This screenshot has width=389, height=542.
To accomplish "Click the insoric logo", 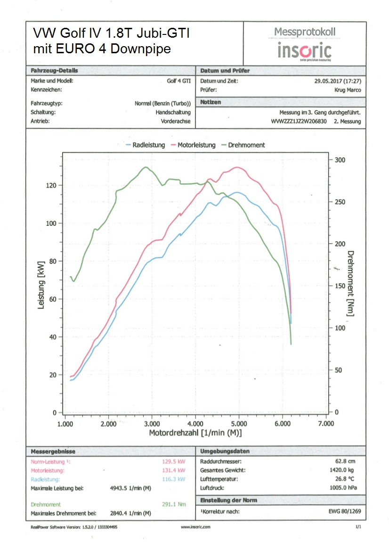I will click(x=304, y=50).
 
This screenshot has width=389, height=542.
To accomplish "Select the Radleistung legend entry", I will click(x=146, y=145).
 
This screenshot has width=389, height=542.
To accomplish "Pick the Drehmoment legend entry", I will click(x=246, y=145).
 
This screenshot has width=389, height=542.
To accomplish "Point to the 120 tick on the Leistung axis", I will click(x=50, y=185).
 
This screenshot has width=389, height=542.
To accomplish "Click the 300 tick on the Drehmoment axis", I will click(x=340, y=160).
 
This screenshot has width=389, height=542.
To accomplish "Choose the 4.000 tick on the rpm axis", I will click(x=195, y=424).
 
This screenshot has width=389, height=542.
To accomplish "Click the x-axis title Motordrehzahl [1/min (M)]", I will click(x=195, y=433).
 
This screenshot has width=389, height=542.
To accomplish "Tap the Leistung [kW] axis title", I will click(x=41, y=284).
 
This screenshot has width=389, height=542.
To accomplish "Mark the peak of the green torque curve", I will click(x=146, y=167).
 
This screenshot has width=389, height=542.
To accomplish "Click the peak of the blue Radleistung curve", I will click(x=237, y=192).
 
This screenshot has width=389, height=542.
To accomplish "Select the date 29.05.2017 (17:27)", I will click(x=338, y=81).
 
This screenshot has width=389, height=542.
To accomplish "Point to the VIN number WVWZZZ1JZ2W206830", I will click(x=299, y=121).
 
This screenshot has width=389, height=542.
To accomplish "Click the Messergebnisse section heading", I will click(x=53, y=451).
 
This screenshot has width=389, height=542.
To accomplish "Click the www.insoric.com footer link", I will click(x=195, y=527).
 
